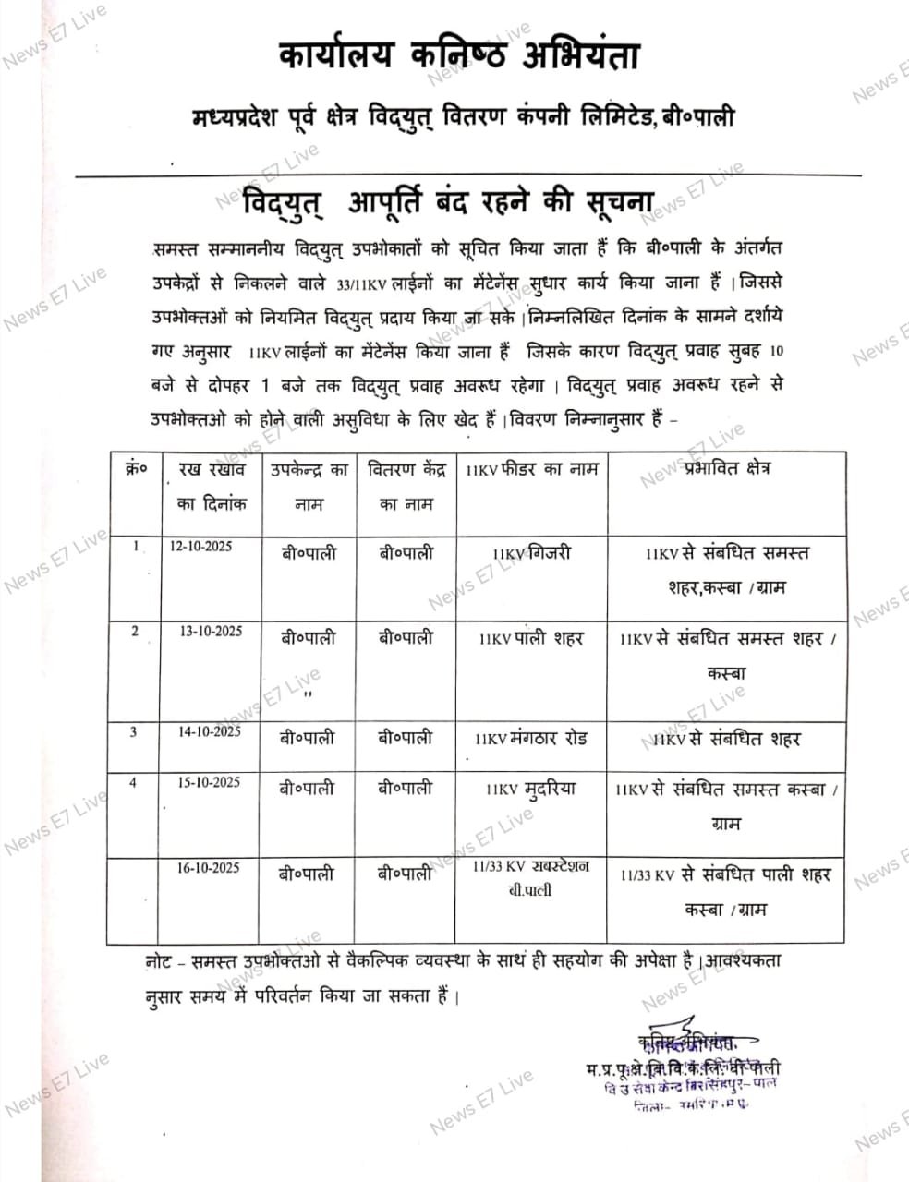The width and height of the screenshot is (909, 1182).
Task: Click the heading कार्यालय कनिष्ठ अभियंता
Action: point(459,56)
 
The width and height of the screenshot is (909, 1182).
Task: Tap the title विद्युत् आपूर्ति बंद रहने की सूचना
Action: point(447,202)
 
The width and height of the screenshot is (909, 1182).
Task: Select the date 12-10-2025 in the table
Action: point(200,546)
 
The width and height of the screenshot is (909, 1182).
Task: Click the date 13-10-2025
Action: point(211,631)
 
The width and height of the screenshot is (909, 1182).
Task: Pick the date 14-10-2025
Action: point(210,731)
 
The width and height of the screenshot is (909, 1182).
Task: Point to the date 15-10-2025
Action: point(209,782)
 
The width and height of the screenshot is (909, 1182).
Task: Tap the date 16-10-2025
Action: point(209,867)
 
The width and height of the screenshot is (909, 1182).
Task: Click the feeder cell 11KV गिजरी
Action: point(532,553)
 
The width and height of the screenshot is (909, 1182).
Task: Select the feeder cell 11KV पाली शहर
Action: point(531,638)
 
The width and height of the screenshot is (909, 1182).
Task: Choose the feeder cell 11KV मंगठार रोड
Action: point(531,739)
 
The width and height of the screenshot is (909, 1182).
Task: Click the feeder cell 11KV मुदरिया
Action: point(531,789)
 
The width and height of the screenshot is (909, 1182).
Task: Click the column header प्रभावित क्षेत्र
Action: point(728,468)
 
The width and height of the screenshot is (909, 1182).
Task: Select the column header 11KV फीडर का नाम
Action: point(532,469)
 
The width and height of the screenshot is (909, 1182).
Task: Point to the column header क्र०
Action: point(135,469)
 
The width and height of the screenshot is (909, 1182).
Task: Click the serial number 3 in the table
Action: point(134,731)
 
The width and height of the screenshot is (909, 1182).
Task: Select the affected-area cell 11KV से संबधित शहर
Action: point(727,739)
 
